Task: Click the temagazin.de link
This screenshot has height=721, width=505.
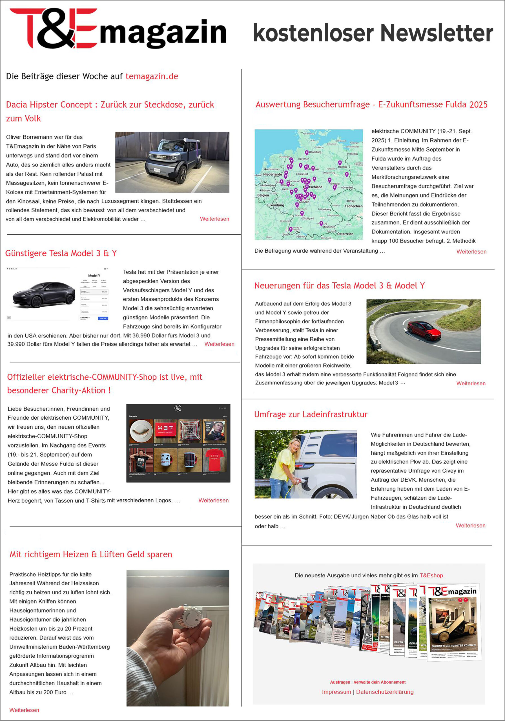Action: pos(152,76)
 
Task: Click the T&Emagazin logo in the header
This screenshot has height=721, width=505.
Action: pos(118,29)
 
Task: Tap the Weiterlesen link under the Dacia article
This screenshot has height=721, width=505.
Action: pos(214,219)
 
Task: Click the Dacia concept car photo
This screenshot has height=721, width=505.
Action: pos(172,162)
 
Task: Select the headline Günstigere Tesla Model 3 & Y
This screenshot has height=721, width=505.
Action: pos(61,253)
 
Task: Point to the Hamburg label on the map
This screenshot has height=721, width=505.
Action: pos(316,152)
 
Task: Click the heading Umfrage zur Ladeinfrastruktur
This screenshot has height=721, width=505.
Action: pos(311,415)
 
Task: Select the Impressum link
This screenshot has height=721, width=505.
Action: pos(336,692)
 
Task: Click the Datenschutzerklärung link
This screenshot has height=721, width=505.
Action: pos(385,692)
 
